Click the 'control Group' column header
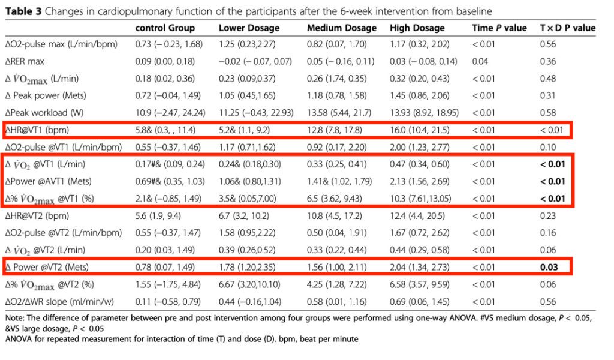click(x=165, y=28)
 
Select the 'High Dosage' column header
click(x=417, y=28)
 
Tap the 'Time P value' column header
click(x=499, y=28)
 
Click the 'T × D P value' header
click(x=568, y=28)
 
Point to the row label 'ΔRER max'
click(x=25, y=62)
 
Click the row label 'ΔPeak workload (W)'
click(x=44, y=113)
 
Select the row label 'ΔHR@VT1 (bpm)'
click(x=37, y=130)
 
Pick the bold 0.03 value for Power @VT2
click(x=549, y=267)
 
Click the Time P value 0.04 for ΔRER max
click(x=480, y=62)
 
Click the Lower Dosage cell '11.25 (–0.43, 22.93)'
click(x=256, y=113)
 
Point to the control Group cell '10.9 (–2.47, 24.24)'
click(x=170, y=113)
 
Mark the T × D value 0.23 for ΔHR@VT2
click(x=548, y=216)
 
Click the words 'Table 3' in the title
click(x=23, y=11)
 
